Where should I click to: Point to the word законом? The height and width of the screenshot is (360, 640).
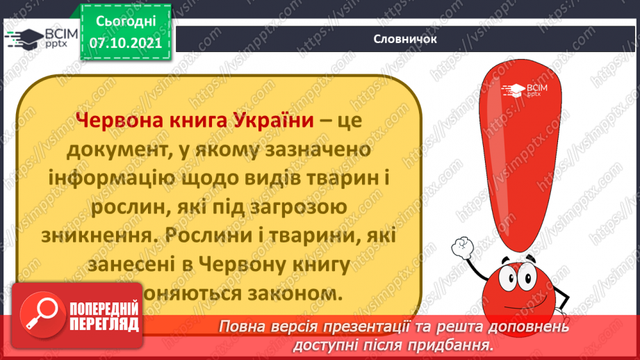click(x=301, y=294)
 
